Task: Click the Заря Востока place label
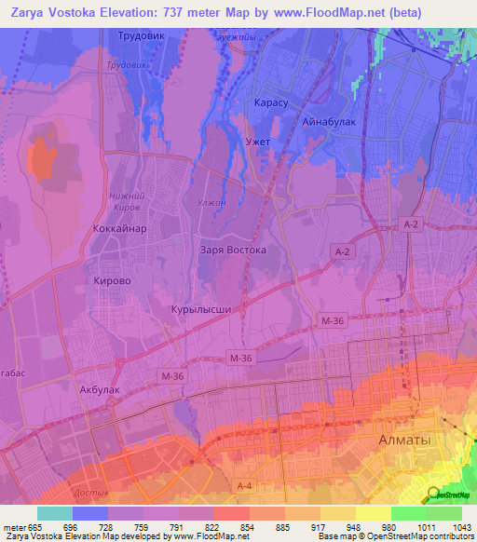coord(233,251)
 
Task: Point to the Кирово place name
coord(113,279)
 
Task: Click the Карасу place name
coord(271,102)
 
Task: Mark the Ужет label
coord(257,141)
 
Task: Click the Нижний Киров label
coord(125,201)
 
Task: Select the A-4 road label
coord(245,486)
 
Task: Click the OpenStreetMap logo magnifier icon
coord(433,494)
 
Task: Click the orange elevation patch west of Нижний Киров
coord(41,158)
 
